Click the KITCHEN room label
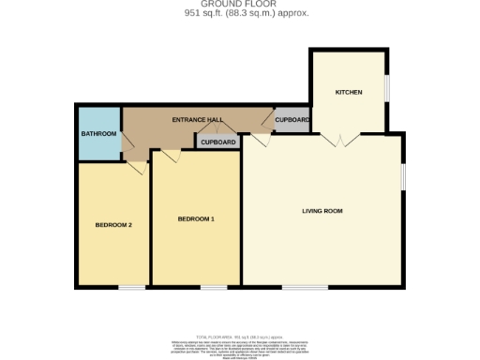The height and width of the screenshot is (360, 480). click(349, 92)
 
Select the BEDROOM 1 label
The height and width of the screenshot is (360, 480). click(196, 219)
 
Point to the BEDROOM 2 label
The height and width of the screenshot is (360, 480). click(112, 225)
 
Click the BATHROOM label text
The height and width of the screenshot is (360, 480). click(97, 134)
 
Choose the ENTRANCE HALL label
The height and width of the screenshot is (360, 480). click(195, 121)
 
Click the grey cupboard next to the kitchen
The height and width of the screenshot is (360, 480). click(292, 121)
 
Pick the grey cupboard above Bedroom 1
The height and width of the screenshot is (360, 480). click(217, 142)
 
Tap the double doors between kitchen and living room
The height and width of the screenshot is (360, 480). click(337, 139)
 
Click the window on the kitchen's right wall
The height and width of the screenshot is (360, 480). click(386, 86)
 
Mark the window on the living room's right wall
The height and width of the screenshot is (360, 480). click(404, 178)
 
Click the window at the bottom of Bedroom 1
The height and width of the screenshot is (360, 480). click(213, 286)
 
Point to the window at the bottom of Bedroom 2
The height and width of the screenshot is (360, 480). click(131, 286)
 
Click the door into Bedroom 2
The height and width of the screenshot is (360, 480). click(137, 167)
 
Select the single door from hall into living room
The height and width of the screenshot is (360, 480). click(259, 141)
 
